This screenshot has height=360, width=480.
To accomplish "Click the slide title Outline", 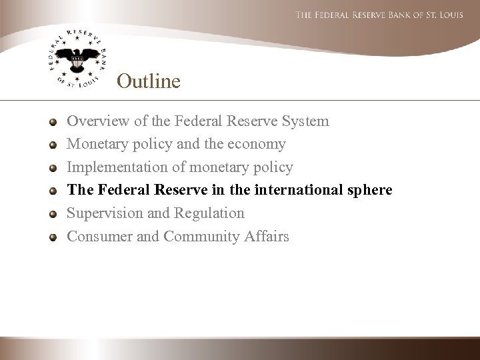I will coord(148,81).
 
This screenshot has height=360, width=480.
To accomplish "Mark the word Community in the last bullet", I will coord(196,236).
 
